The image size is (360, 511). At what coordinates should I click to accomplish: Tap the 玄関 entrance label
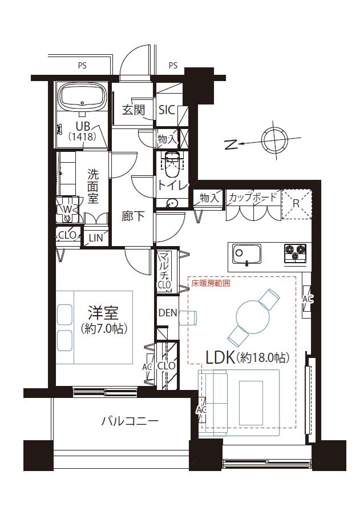[134, 110]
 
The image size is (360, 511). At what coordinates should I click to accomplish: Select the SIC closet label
[167, 110]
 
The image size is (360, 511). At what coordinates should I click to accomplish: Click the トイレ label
[173, 185]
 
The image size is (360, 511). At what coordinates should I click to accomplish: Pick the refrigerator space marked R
[296, 204]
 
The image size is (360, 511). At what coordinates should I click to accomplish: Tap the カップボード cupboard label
[253, 197]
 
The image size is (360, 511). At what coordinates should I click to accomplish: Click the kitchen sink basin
[246, 254]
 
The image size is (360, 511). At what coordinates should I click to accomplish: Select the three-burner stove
[295, 253]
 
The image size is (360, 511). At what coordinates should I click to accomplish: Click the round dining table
[253, 316]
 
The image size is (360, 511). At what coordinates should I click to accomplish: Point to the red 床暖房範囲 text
[211, 283]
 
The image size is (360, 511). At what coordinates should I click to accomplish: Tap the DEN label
[168, 313]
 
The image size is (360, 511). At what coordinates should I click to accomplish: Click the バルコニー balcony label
[130, 421]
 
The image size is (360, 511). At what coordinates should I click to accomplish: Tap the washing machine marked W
[67, 209]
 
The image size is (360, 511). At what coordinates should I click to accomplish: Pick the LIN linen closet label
[96, 238]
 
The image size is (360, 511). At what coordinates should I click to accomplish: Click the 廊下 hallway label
[133, 216]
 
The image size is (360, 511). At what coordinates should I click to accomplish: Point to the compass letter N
[231, 144]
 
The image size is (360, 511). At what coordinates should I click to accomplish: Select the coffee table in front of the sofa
[251, 403]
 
